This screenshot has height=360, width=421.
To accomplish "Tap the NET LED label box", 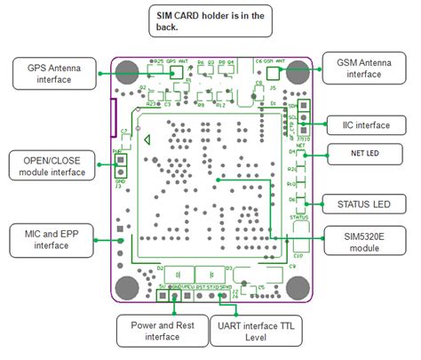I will tap(360, 153).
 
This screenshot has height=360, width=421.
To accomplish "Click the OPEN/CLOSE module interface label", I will tap(50, 165).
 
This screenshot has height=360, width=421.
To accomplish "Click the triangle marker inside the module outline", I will tap(147, 139).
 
